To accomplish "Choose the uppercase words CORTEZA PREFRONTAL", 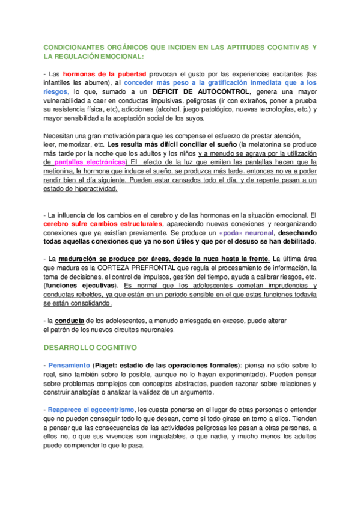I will pyautogui.click(x=140, y=268).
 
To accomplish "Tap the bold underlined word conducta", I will pyautogui.click(x=69, y=321).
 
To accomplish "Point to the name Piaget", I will pyautogui.click(x=106, y=366).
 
